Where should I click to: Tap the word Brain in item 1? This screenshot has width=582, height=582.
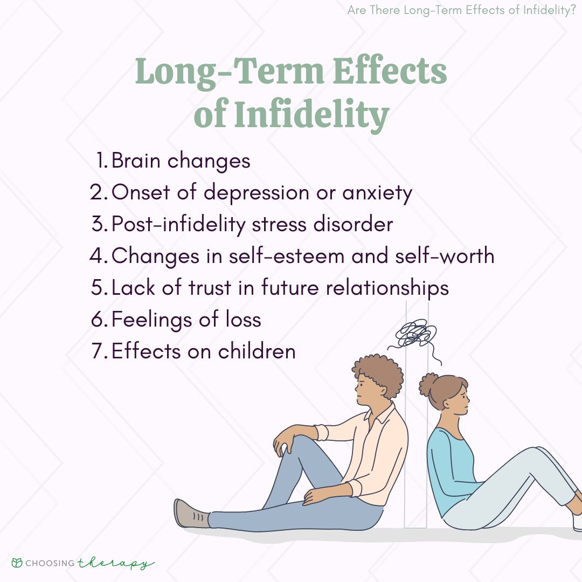136,161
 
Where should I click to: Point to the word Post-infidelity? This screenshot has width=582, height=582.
178,225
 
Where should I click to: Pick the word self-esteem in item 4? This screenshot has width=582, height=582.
287,256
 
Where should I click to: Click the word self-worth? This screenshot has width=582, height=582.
444,256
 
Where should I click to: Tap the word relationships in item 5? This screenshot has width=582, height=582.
387,288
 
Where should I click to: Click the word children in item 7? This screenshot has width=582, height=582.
257,351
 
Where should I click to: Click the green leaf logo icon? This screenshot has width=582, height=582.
17,563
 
